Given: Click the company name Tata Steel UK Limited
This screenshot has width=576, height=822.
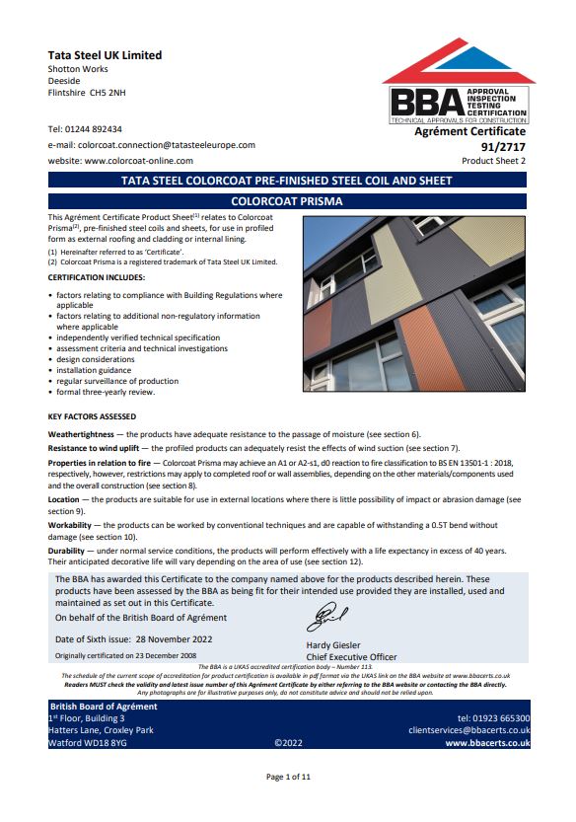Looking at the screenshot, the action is coord(105,55).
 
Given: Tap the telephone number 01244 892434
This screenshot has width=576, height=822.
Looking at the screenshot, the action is coord(98,129).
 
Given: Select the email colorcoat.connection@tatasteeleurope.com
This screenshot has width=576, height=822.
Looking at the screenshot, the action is coord(165,145).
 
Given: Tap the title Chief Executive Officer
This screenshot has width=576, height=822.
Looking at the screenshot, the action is coord(351,657).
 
